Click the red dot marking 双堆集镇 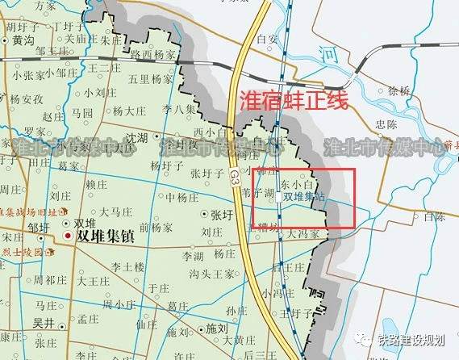[x=68, y=236]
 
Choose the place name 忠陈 [x=386, y=123]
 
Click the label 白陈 [x=433, y=216]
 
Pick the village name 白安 [x=266, y=38]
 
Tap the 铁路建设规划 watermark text [x=414, y=338]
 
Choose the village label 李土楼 [x=127, y=266]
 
